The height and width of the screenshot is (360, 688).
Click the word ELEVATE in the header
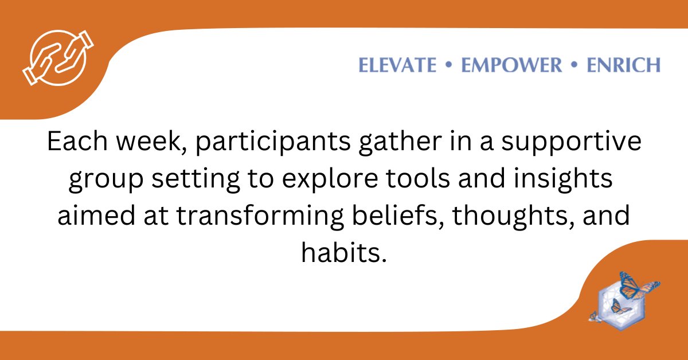coord(397,65)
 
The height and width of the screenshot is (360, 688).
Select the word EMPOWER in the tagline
coord(511,65)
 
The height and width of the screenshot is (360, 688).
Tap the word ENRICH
coord(623,65)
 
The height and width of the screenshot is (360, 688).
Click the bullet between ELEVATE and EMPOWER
coord(449,65)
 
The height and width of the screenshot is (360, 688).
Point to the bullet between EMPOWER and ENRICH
coord(574,65)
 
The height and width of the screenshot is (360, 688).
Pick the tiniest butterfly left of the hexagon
coord(595,316)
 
